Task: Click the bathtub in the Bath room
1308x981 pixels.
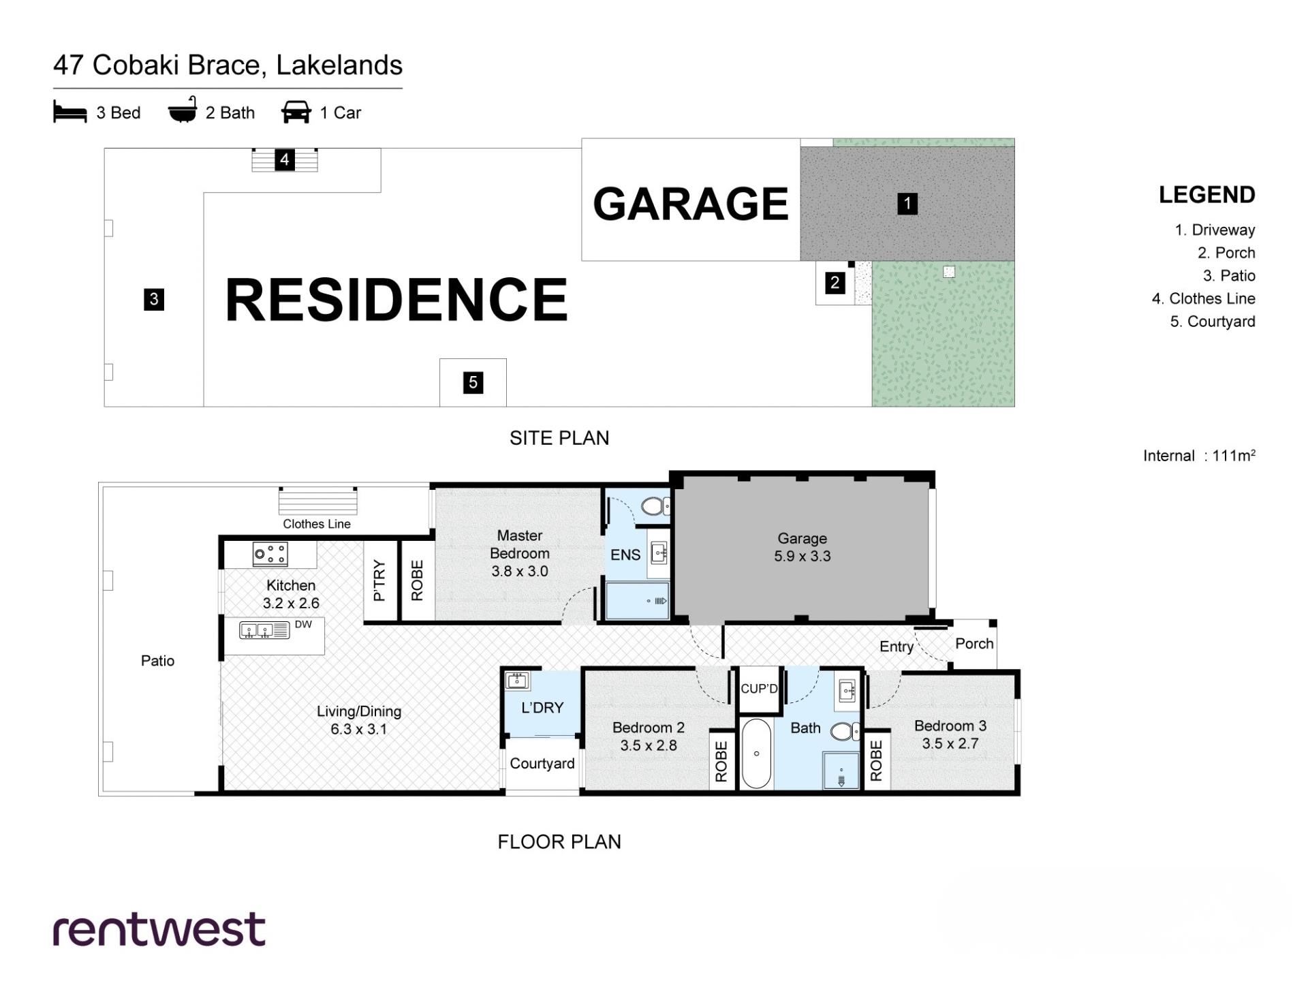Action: (x=756, y=753)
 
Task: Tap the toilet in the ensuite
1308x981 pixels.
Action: (x=655, y=506)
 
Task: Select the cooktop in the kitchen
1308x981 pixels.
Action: (x=270, y=554)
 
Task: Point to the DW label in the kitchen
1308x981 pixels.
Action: (x=303, y=625)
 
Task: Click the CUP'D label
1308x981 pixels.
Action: (x=759, y=689)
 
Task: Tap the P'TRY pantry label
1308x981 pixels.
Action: (x=379, y=580)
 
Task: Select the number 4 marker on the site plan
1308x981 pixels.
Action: (x=285, y=160)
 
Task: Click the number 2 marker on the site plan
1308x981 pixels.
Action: (x=835, y=282)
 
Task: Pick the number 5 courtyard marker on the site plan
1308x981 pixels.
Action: (x=473, y=383)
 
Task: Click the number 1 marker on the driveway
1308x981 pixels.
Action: (x=907, y=204)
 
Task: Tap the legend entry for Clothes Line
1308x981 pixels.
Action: (x=1204, y=298)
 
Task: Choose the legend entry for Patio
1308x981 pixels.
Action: (x=1229, y=276)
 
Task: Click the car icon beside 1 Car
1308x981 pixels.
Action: (x=296, y=112)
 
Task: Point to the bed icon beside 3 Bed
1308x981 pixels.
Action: (x=70, y=112)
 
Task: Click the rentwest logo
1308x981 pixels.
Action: (x=159, y=929)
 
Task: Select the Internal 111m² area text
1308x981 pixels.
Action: (x=1199, y=456)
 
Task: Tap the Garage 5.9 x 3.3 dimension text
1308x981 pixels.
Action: (x=803, y=547)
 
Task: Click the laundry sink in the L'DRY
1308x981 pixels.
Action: (x=517, y=680)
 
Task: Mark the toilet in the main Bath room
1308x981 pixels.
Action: (x=845, y=732)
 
